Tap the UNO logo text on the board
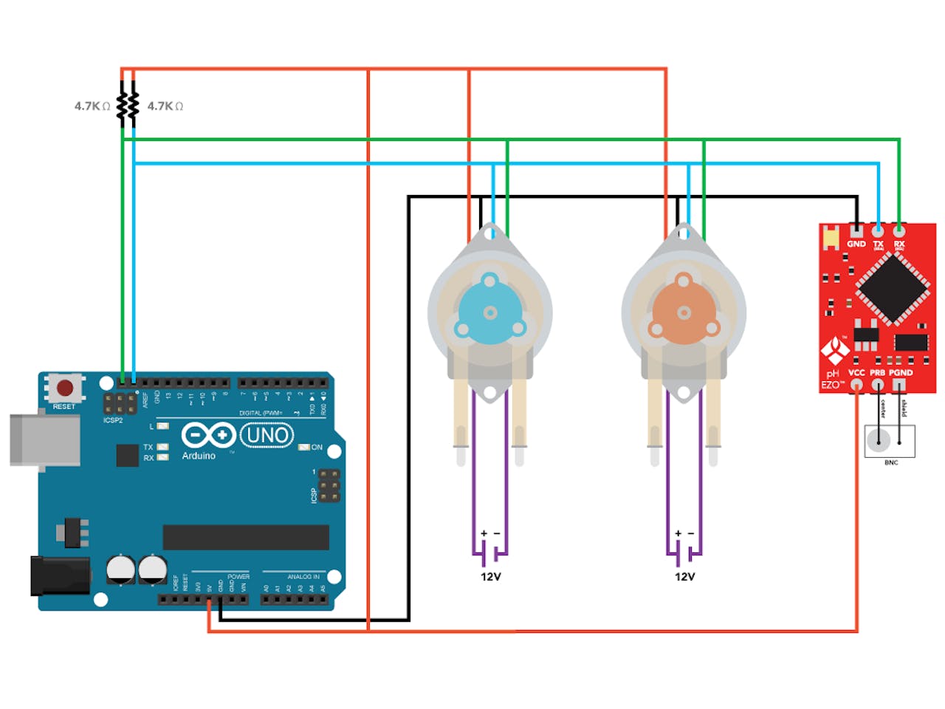point(267,435)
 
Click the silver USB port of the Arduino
point(44,440)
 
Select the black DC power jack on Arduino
point(59,576)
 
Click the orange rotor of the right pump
point(683,312)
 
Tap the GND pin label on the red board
point(856,244)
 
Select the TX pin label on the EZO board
point(878,244)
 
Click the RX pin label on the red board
point(899,244)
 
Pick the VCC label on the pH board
point(856,373)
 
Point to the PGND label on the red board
point(901,373)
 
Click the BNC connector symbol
point(889,441)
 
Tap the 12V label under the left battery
point(490,577)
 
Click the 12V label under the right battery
point(684,577)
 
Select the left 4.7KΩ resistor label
point(92,106)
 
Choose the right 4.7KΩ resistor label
point(165,106)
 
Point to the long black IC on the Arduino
point(246,537)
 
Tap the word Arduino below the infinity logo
point(199,456)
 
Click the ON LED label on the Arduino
point(317,448)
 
